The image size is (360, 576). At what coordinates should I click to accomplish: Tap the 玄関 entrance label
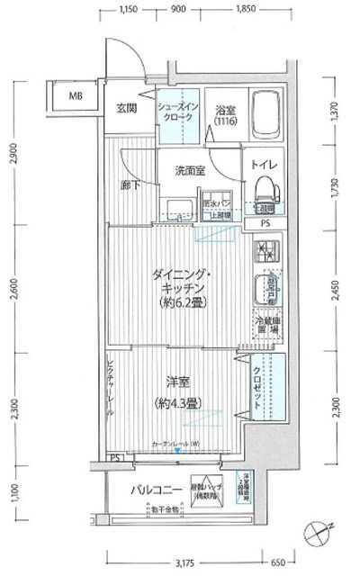click(127, 109)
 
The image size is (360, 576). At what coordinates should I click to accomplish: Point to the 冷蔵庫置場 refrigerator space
click(266, 324)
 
